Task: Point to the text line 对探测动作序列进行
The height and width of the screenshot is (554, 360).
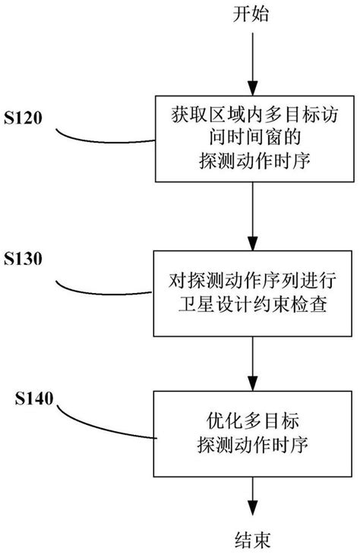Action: point(249,282)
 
